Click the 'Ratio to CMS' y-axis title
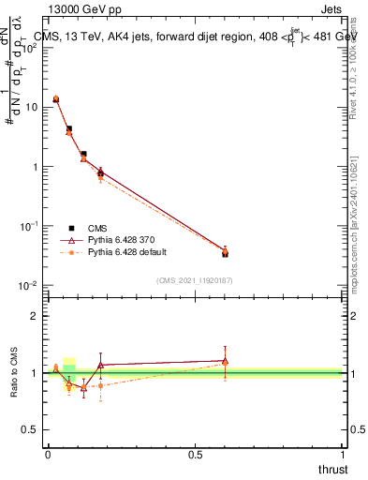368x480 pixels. pos(14,373)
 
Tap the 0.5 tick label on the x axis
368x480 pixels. pos(195,454)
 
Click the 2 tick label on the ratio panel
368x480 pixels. pos(33,316)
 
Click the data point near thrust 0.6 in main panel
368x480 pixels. pos(225,252)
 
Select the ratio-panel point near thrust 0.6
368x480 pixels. pos(225,361)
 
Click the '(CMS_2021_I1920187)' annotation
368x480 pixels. pos(195,279)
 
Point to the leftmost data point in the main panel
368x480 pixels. pos(55,98)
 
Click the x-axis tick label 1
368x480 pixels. pos(343,454)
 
